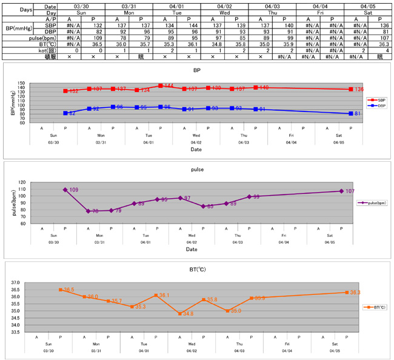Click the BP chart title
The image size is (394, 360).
(x=196, y=70)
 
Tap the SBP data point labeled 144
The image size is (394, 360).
(x=160, y=85)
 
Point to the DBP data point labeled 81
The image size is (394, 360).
(x=350, y=113)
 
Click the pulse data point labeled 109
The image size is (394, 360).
(x=65, y=190)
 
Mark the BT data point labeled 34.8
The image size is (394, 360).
(x=179, y=313)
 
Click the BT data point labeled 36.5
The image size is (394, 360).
(x=60, y=290)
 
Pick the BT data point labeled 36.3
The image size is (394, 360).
(x=346, y=293)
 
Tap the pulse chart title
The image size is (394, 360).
(x=196, y=172)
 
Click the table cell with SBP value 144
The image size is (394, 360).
(x=175, y=25)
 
